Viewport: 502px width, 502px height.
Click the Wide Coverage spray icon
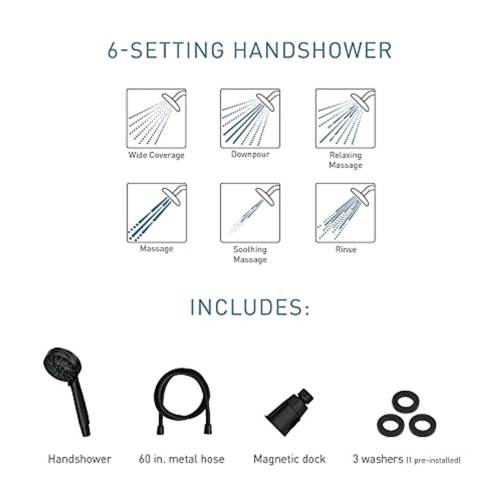pos(156,118)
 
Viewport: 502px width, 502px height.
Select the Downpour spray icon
pos(250,118)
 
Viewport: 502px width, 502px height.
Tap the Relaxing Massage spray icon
pos(345,118)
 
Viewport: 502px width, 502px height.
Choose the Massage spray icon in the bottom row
pos(156,213)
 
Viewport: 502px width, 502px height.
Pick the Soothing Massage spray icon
pos(250,213)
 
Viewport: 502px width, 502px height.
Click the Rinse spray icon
pos(345,213)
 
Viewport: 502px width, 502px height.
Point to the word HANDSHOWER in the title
pos(312,50)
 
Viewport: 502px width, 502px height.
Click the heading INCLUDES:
pos(250,307)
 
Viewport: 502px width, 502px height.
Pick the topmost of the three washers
pos(405,402)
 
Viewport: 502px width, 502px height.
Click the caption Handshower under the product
pos(79,459)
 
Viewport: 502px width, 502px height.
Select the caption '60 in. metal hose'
pos(182,459)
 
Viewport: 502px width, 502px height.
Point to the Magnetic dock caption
pos(289,459)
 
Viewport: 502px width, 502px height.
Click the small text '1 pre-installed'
pos(433,460)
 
